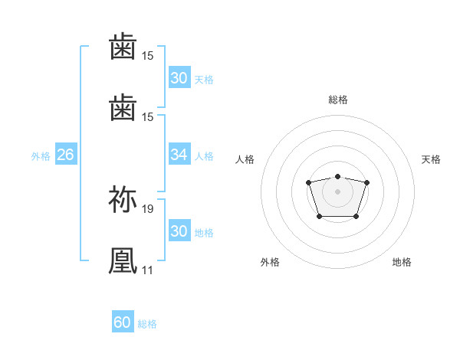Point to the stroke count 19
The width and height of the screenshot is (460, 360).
[149, 208]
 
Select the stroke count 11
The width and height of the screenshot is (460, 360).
[147, 270]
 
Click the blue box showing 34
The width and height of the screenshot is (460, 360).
[179, 155]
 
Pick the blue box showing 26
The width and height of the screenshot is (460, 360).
[65, 155]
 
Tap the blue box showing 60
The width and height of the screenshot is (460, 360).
[123, 322]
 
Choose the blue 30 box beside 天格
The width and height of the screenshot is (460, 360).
[179, 78]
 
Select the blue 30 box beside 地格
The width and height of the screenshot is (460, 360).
[179, 231]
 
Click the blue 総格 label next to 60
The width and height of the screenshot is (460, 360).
[147, 324]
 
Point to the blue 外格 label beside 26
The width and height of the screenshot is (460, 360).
[41, 156]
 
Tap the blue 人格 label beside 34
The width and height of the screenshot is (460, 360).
[204, 156]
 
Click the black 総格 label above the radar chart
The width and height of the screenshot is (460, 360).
[337, 100]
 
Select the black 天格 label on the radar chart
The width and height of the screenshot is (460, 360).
[431, 159]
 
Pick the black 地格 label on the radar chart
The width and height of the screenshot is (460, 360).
[402, 262]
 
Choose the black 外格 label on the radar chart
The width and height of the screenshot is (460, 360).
[270, 262]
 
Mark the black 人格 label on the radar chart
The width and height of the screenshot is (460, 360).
[245, 159]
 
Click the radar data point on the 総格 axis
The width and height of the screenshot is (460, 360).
[337, 176]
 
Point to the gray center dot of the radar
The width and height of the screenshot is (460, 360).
[337, 191]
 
